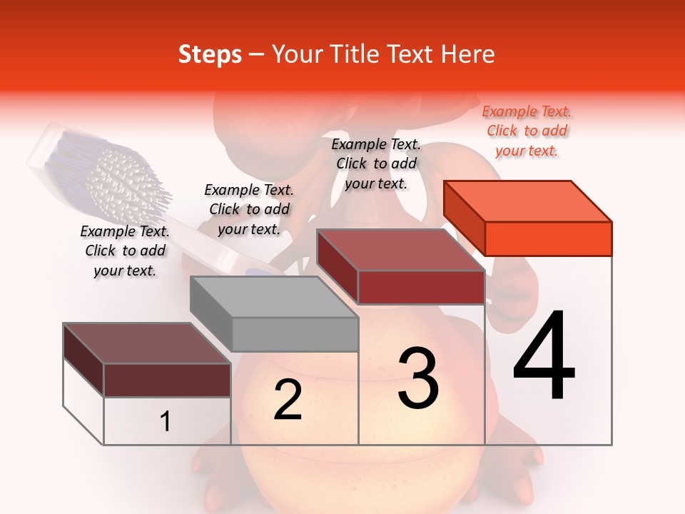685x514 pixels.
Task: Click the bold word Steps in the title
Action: (x=210, y=54)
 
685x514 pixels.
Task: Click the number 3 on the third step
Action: (x=418, y=378)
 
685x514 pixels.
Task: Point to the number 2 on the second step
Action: (x=288, y=400)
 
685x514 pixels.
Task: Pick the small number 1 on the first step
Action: (x=166, y=422)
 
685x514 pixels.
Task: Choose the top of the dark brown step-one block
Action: (x=147, y=343)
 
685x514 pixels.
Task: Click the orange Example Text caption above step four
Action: (x=527, y=131)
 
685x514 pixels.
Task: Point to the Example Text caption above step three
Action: (x=376, y=163)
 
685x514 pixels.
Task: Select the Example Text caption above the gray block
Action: (x=249, y=209)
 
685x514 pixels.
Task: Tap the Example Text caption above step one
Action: (x=125, y=251)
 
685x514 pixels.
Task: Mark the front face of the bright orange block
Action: (x=548, y=238)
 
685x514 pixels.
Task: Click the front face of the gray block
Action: (x=295, y=334)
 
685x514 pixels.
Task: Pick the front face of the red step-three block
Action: (x=421, y=288)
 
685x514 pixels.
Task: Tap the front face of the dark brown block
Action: (x=167, y=380)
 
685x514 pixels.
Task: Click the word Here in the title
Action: (x=468, y=54)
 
